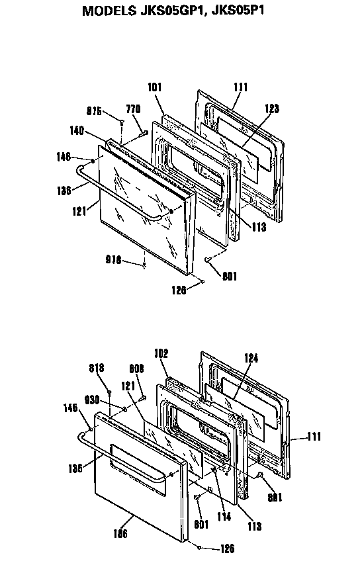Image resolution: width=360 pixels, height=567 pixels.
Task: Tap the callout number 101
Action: pyautogui.click(x=155, y=86)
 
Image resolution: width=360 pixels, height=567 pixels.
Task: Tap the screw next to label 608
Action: pyautogui.click(x=142, y=397)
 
